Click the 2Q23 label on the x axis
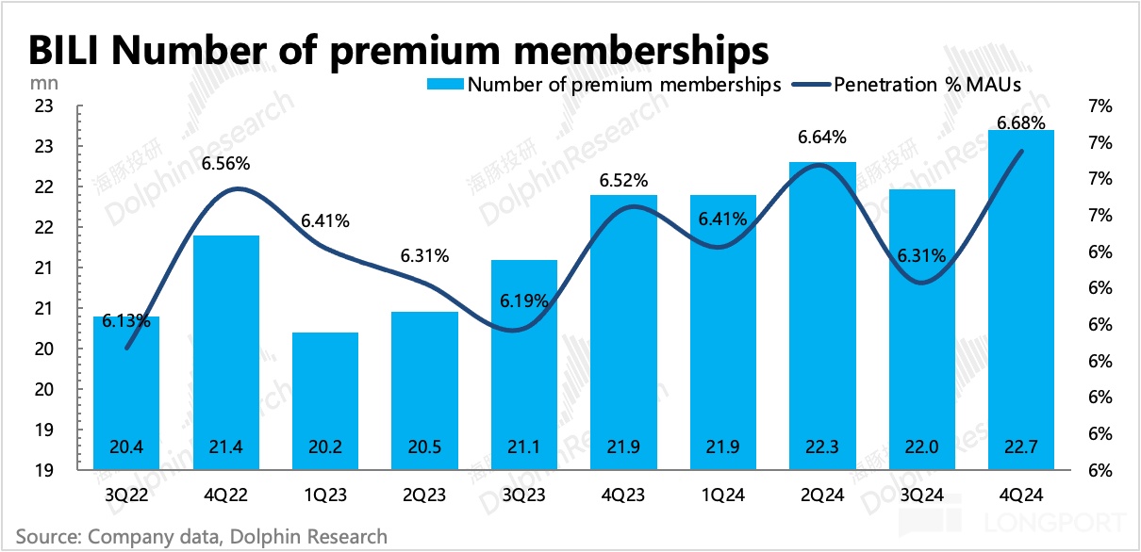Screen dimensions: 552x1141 point(424,494)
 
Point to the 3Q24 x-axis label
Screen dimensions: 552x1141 point(921,494)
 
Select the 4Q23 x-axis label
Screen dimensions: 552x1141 point(623,494)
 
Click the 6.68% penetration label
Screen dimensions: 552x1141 point(1020,122)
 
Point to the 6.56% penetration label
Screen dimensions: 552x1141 point(225,164)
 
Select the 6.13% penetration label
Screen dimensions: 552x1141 point(125,320)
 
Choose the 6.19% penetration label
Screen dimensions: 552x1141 point(524,301)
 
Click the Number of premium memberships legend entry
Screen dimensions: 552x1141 point(604,85)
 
